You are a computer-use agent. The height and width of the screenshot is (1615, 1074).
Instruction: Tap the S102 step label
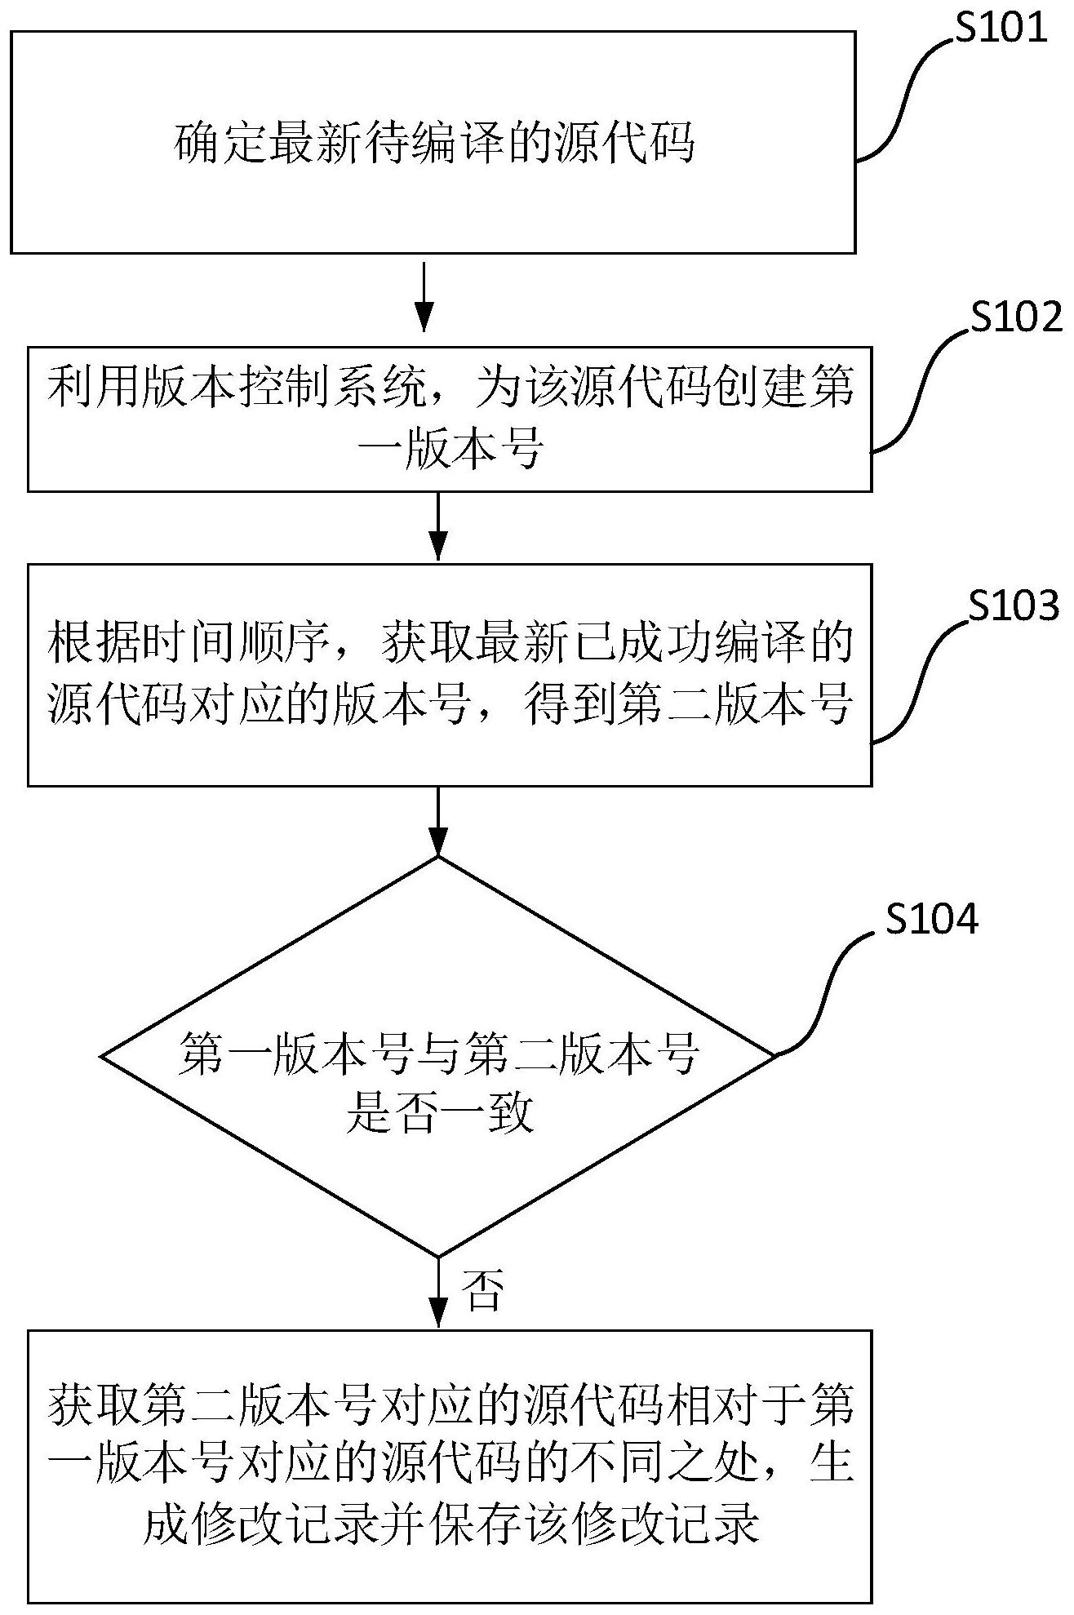point(1016,317)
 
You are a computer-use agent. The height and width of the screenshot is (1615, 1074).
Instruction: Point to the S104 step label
point(931,920)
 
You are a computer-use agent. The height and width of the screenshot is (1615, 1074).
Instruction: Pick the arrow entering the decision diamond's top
point(438,820)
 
